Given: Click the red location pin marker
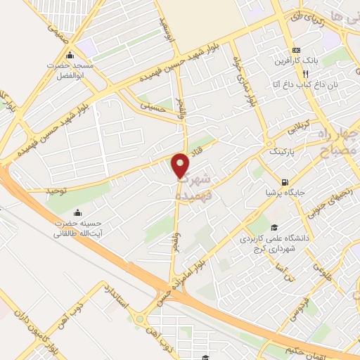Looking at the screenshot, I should (x=181, y=165).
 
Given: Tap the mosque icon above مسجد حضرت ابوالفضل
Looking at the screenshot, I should (x=69, y=56).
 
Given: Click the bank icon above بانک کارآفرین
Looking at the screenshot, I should (x=297, y=50).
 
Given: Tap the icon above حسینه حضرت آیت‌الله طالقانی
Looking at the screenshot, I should (x=77, y=213).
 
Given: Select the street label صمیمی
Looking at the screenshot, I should (x=60, y=29).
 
